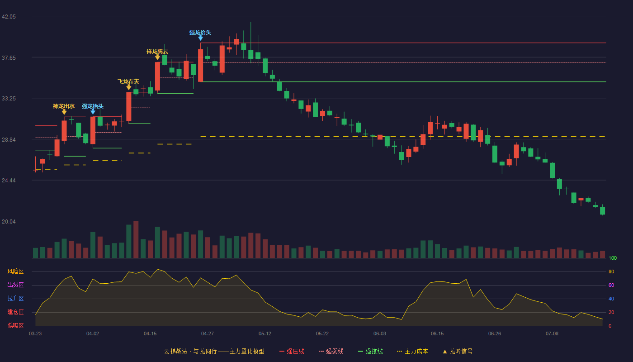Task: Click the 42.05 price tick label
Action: (9, 17)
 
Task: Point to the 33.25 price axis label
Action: (9, 99)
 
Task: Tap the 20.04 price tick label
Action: (9, 221)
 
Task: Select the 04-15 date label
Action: (150, 334)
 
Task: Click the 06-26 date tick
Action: (495, 334)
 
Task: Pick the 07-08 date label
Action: (552, 334)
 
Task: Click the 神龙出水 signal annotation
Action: (64, 106)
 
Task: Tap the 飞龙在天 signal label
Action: (128, 82)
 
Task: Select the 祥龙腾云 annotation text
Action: (157, 52)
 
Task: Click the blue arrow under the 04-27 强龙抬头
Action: (200, 38)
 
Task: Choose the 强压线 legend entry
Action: (292, 352)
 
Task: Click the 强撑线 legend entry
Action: (370, 352)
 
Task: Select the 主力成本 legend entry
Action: (412, 352)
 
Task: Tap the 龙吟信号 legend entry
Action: (458, 352)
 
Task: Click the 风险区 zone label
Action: (15, 271)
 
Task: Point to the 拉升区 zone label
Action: (15, 299)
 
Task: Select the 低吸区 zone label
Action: (15, 326)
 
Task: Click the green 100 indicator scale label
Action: (613, 258)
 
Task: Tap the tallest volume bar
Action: (136, 239)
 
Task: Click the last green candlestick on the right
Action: (602, 211)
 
